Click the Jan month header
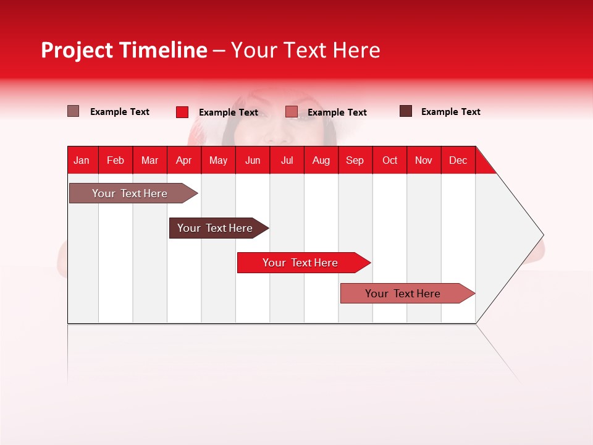(82, 160)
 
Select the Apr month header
(183, 160)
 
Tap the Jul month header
(287, 160)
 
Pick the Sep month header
(355, 160)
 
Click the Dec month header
(458, 160)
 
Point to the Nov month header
(423, 160)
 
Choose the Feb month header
(116, 160)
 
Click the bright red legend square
(182, 112)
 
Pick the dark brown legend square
(406, 111)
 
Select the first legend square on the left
(73, 111)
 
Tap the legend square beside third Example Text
(292, 112)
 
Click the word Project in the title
(77, 51)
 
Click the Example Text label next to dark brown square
(450, 112)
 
